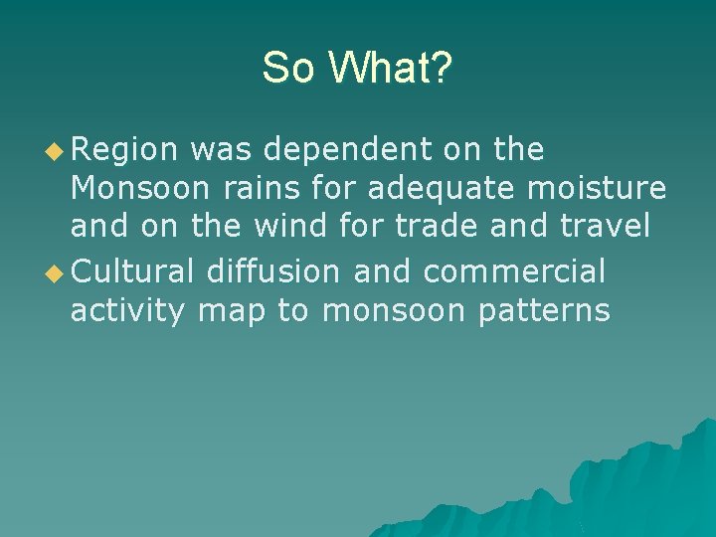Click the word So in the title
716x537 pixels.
click(x=289, y=68)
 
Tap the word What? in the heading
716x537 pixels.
click(x=390, y=68)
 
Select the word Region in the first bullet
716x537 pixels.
click(x=124, y=150)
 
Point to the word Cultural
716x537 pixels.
click(x=133, y=271)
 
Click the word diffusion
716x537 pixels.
click(x=274, y=271)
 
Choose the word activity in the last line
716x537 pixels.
click(x=128, y=311)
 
